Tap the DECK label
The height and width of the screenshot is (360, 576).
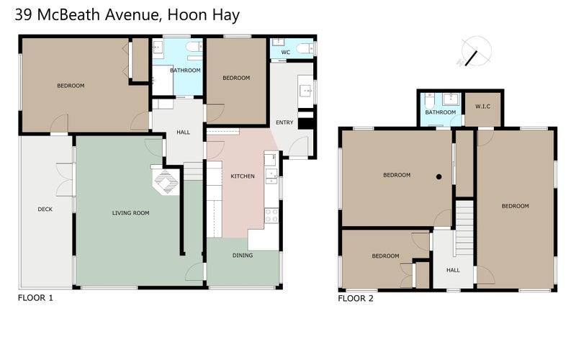point(45,210)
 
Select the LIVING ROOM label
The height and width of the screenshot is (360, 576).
point(130,213)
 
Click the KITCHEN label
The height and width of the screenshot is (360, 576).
point(242,176)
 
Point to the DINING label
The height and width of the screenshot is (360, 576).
point(242,255)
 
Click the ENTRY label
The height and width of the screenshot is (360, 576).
point(284,122)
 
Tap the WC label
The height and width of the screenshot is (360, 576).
point(285,53)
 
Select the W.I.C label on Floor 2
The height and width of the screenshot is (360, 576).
point(482,107)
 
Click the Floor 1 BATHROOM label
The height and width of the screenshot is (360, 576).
point(185,71)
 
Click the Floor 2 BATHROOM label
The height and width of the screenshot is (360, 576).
point(440,112)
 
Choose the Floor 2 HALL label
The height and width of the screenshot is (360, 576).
point(453,270)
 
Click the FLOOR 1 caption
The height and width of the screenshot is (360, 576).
point(35,297)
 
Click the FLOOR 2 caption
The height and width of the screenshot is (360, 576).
point(356,297)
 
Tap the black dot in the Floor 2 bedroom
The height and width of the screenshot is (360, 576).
point(438,176)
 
